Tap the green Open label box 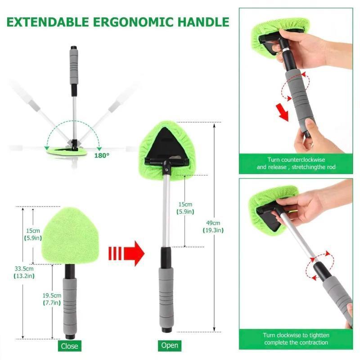click(x=169, y=346)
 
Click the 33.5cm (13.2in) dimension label click(x=24, y=272)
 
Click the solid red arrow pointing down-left click(x=283, y=112)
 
